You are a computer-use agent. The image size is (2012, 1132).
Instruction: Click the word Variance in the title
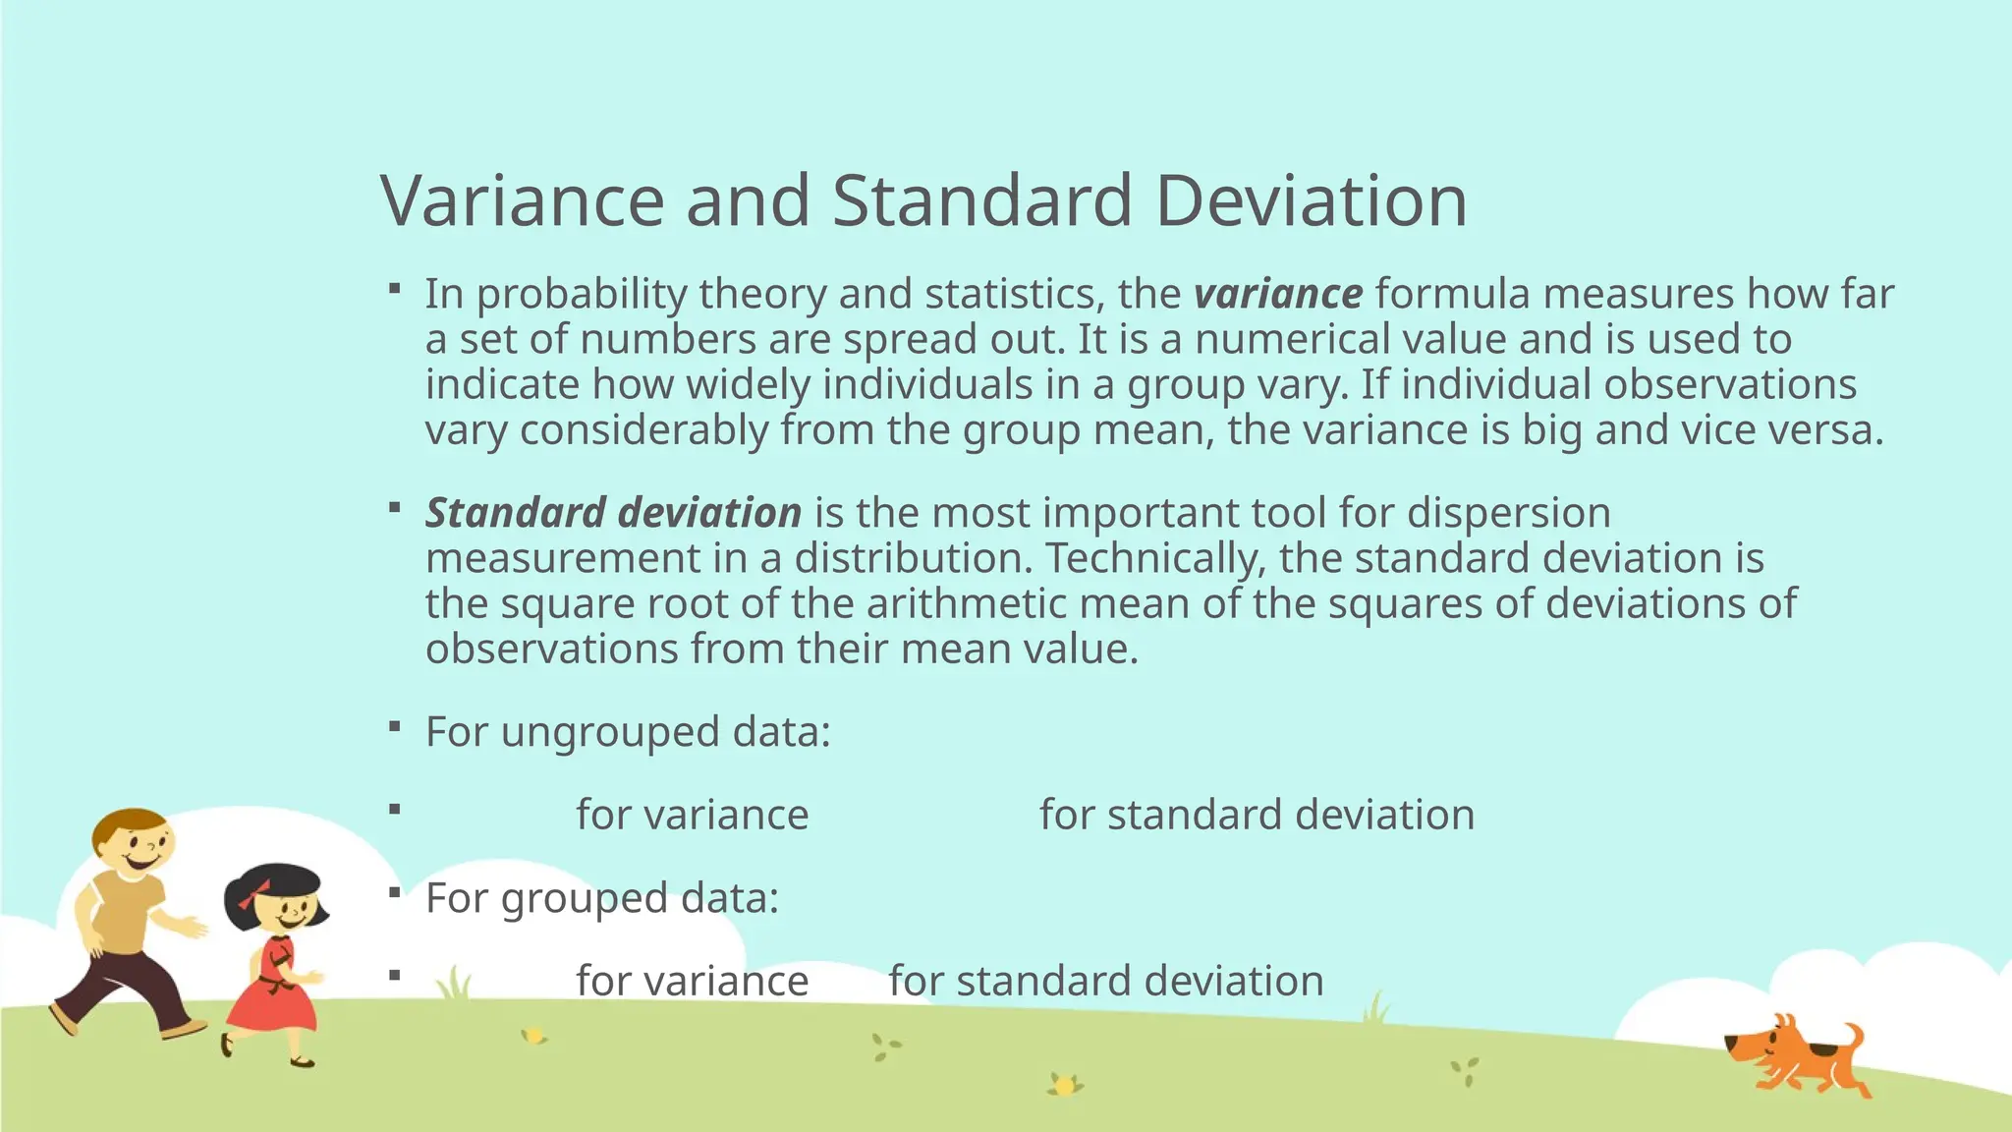click(x=523, y=201)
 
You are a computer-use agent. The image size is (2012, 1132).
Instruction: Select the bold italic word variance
click(x=1278, y=294)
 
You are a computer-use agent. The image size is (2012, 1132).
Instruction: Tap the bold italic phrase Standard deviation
click(x=613, y=513)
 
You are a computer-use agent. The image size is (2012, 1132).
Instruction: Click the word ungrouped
click(x=611, y=732)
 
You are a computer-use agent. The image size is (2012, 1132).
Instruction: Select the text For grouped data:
click(x=601, y=898)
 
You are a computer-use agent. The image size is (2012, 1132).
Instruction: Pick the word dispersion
click(x=1508, y=513)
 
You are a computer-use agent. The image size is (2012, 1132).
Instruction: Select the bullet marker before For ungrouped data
click(x=395, y=727)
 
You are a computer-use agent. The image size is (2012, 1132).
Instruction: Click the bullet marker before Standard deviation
click(x=395, y=508)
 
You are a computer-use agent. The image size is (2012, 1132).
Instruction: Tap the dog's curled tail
click(x=1853, y=1037)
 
